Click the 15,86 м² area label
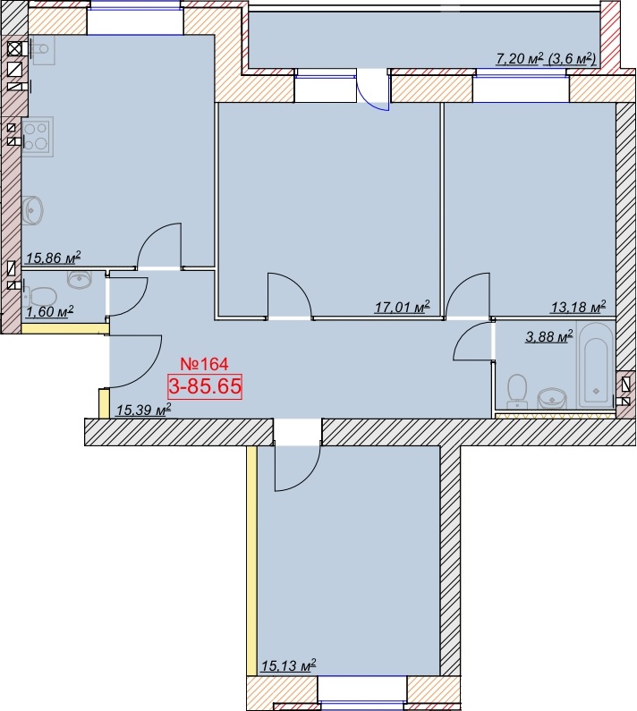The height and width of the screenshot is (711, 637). click(53, 258)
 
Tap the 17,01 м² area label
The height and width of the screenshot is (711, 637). click(402, 308)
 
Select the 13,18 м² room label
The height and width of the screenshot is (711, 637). click(579, 308)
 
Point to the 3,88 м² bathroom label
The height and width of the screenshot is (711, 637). click(549, 336)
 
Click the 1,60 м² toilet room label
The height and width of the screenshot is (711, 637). click(49, 312)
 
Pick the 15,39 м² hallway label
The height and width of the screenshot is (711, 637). click(143, 410)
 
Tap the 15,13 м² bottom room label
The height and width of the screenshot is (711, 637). click(288, 665)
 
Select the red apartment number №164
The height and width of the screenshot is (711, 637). click(204, 364)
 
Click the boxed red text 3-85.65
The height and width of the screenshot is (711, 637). click(205, 386)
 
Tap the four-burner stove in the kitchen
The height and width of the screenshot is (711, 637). click(38, 137)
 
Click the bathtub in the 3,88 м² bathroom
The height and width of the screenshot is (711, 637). click(596, 366)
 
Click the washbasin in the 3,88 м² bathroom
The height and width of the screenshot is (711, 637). click(552, 399)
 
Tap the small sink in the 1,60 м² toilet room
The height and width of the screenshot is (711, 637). click(80, 278)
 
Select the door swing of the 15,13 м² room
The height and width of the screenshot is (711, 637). click(298, 469)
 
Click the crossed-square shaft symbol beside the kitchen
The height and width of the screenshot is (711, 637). click(14, 48)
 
